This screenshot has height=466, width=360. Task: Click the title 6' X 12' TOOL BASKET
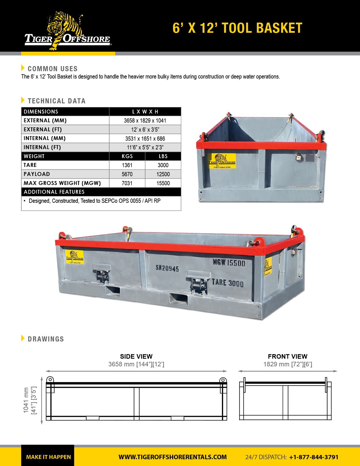[x=237, y=28]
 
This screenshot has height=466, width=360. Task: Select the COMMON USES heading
[x=53, y=69]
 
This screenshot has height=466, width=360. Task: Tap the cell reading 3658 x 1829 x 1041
[x=145, y=121]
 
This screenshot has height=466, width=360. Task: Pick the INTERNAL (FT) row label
[x=42, y=147]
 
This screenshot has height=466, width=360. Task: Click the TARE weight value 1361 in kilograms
[x=127, y=165]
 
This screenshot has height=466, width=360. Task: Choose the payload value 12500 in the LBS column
[x=163, y=174]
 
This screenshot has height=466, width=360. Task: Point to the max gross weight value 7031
[x=127, y=183]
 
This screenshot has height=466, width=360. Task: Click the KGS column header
[x=127, y=156]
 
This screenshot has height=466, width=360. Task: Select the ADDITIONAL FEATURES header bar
[x=101, y=192]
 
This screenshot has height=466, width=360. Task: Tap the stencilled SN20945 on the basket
[x=167, y=268]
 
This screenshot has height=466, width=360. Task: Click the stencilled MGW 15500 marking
[x=229, y=263]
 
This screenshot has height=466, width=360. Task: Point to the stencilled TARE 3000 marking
[x=228, y=283]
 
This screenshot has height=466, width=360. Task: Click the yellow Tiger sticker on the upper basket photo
[x=222, y=161]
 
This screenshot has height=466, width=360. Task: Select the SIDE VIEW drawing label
[x=136, y=356]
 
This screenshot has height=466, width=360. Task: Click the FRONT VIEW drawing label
[x=287, y=356]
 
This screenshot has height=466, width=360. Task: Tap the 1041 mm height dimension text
[x=26, y=400]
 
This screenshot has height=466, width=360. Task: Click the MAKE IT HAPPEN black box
[x=48, y=457]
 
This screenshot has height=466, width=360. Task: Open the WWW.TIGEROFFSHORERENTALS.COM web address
[x=173, y=457]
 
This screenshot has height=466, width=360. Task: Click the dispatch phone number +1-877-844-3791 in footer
[x=314, y=457]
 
